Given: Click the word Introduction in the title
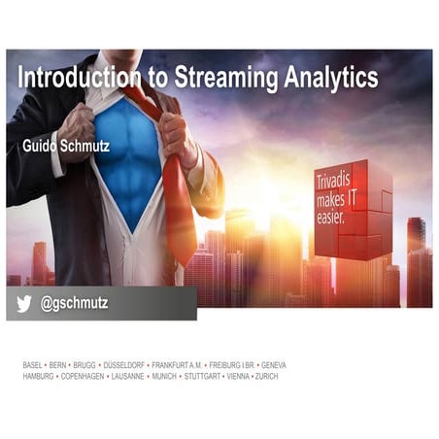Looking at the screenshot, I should pos(72,78).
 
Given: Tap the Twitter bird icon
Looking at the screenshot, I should pos(22,304).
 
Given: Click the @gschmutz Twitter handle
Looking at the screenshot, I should pos(74,304).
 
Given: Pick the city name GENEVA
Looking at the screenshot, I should pos(270,365).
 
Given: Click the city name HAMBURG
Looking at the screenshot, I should pos(38,376).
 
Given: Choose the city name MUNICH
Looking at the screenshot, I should pos(162,376).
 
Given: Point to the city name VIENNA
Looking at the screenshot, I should pos(238,376).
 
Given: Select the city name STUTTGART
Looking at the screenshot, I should pos(202,376).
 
